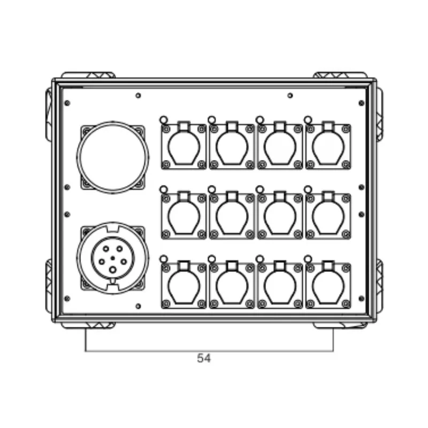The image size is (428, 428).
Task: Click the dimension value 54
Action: (x=204, y=358)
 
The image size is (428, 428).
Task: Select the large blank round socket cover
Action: (x=113, y=157)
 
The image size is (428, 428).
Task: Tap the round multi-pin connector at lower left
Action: (x=113, y=258)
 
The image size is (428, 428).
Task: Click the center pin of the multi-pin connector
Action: (x=113, y=258)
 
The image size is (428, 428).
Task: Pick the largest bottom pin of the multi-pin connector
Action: (x=112, y=270)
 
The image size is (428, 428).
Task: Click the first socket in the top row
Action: (x=184, y=146)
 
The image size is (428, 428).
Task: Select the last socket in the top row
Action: (x=328, y=146)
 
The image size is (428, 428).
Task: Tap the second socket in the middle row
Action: (x=232, y=215)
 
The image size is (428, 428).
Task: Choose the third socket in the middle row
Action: (x=280, y=215)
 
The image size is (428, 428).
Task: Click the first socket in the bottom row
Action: (x=184, y=285)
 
